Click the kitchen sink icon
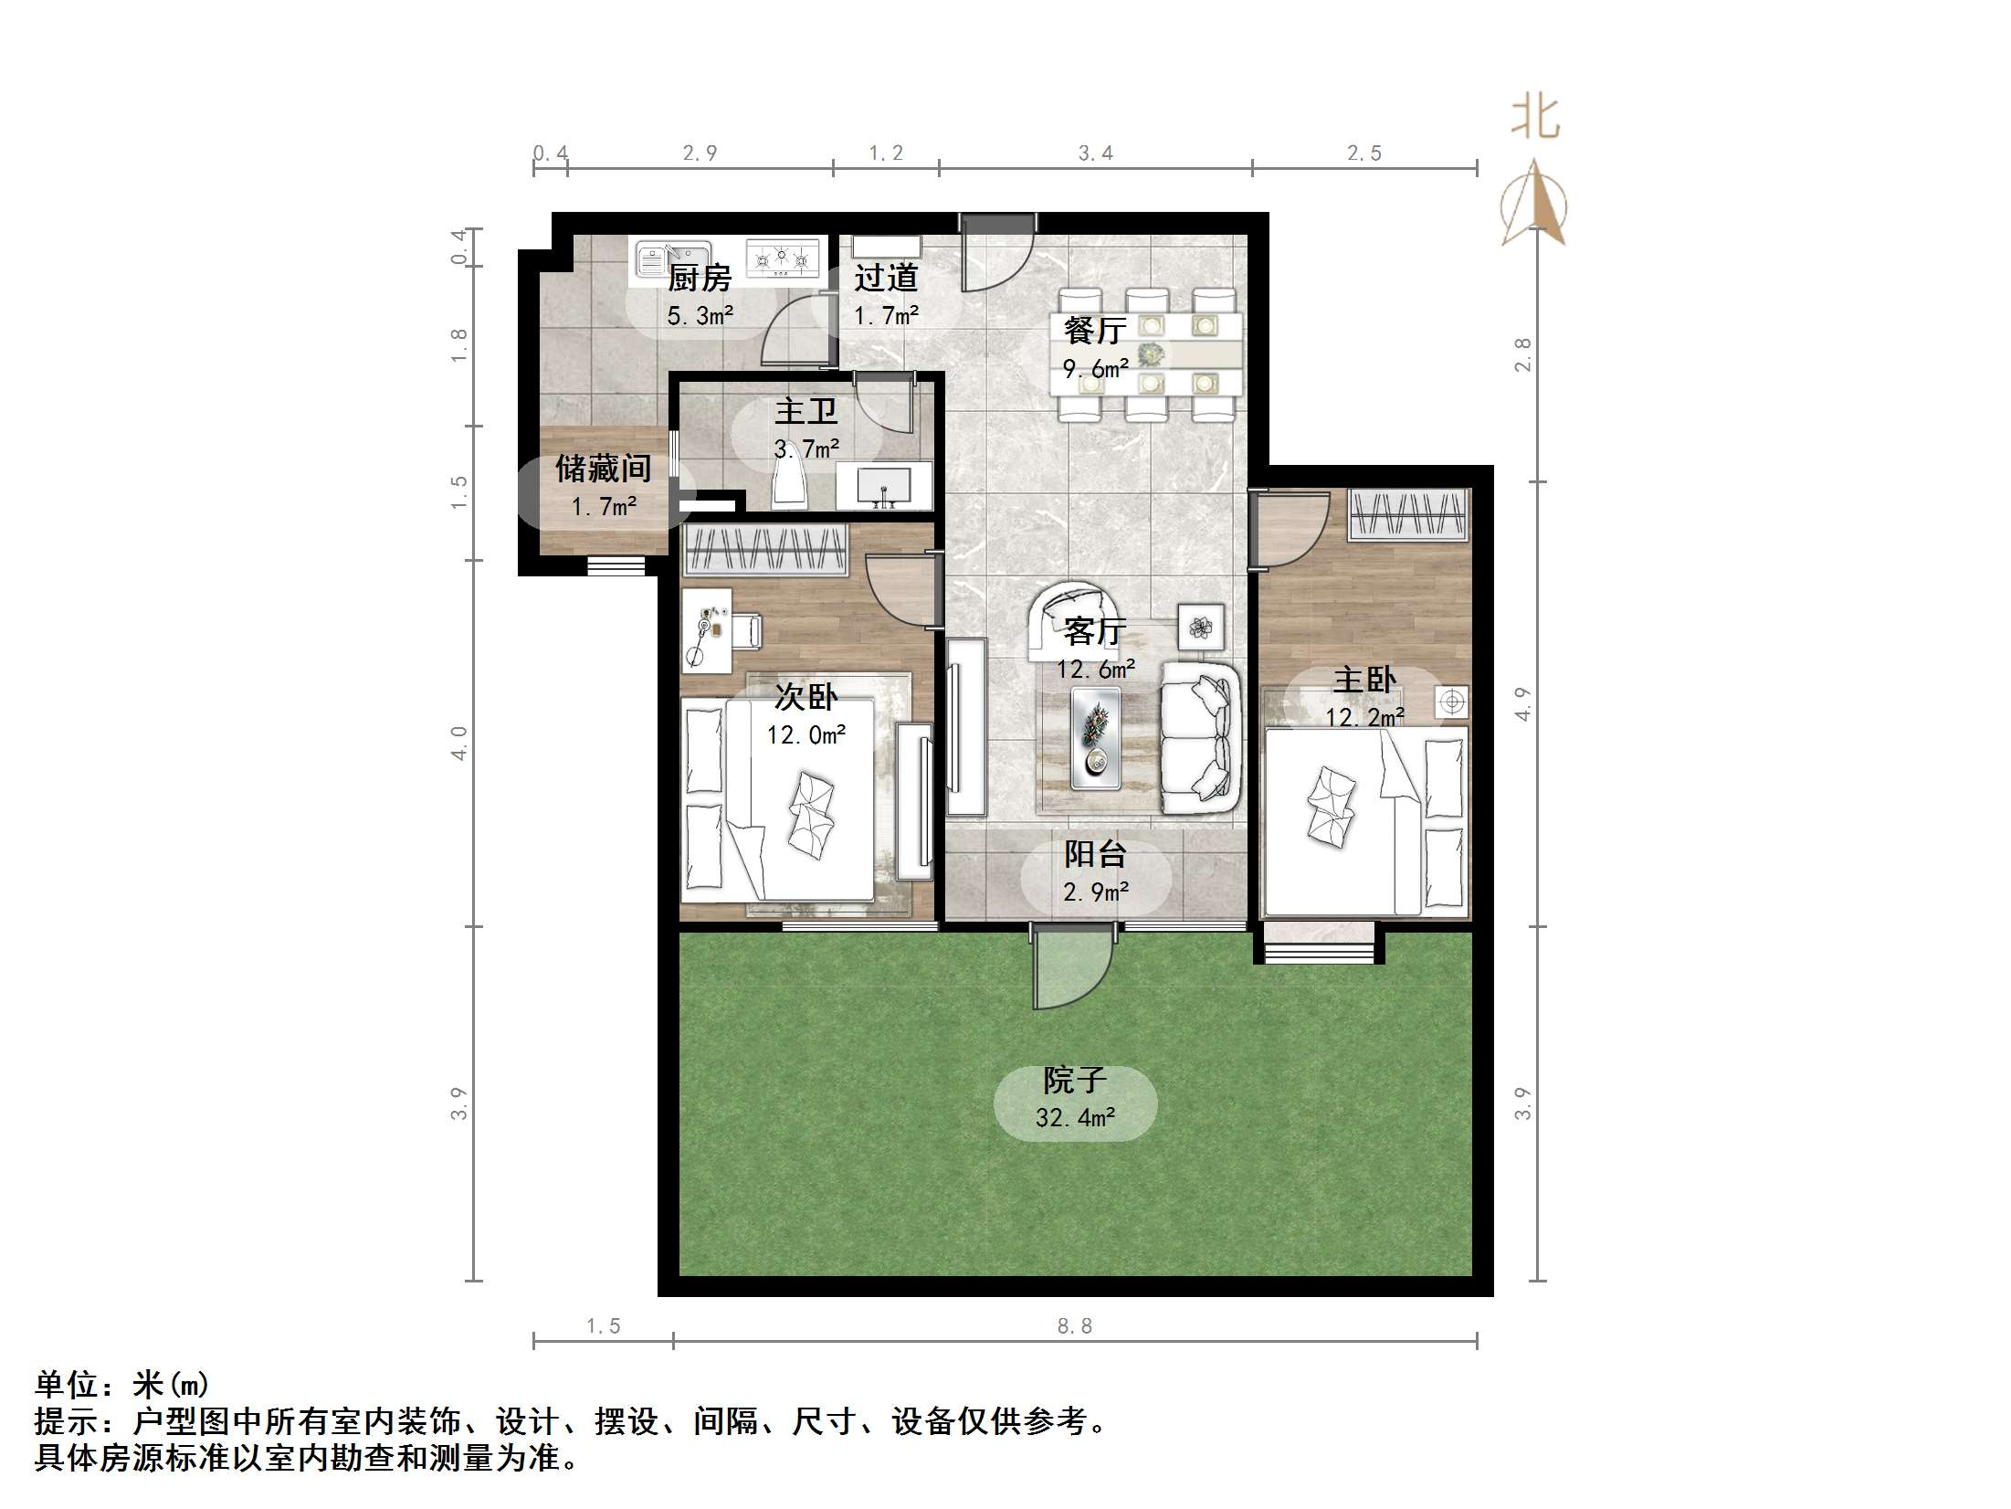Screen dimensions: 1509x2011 673,257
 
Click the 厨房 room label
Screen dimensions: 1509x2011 700,278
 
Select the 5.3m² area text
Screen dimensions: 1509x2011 700,316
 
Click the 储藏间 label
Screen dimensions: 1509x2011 603,469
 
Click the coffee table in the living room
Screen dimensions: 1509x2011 1096,737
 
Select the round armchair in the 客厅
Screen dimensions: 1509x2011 1076,618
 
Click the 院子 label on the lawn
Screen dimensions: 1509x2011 1075,1081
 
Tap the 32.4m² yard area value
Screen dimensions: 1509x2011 1075,1118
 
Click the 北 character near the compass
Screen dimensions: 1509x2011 1534,119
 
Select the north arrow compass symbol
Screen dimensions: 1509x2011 1534,206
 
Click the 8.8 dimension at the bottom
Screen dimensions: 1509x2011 1074,1325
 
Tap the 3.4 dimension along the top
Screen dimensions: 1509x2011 1095,153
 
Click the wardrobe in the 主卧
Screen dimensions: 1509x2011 1407,514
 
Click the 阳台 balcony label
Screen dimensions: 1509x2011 1095,854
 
